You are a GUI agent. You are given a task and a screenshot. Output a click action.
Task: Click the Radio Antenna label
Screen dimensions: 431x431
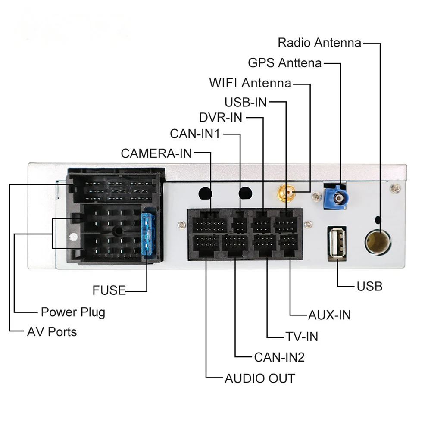[x=319, y=43]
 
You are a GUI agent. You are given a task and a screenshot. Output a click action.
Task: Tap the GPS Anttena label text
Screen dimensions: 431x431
[x=285, y=62]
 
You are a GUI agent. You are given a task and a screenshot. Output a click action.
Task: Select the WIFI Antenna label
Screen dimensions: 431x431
[x=250, y=83]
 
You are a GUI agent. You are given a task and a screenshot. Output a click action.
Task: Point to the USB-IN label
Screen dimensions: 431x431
[x=246, y=102]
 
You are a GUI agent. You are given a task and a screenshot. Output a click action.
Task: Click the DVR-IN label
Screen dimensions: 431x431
[x=221, y=117]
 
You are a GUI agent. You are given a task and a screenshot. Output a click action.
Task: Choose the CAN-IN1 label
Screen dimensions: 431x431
[x=195, y=134]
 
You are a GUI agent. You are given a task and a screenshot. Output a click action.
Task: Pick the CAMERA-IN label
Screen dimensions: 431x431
[x=156, y=153]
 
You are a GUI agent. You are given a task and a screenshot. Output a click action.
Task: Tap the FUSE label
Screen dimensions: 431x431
[x=109, y=290]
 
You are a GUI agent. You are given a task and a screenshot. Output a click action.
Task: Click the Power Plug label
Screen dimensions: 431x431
[x=73, y=312]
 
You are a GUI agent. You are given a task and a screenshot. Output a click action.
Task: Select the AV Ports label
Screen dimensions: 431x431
[x=52, y=332]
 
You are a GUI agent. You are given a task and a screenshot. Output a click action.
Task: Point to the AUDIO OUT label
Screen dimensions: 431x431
[x=260, y=378]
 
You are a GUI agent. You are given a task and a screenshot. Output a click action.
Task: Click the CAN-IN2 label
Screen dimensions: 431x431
[x=279, y=357]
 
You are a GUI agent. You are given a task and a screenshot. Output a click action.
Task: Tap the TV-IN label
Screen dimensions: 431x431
[x=302, y=337]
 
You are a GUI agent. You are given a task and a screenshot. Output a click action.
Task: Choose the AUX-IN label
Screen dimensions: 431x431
[x=330, y=315]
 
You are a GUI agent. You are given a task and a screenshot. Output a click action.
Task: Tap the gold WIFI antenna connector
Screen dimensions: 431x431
[x=286, y=193]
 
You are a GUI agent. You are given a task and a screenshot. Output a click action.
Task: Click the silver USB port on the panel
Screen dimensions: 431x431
[x=337, y=244]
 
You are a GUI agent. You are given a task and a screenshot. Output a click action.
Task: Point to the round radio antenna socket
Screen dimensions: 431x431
[x=378, y=242]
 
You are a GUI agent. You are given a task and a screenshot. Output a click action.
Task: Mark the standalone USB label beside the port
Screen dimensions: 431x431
[x=369, y=286]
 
